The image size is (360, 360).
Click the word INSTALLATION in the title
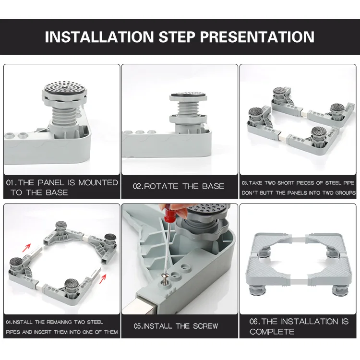pyautogui.click(x=99, y=37)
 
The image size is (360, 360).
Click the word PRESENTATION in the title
pyautogui.click(x=257, y=37)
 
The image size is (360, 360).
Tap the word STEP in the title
pyautogui.click(x=177, y=37)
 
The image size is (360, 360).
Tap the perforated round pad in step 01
pyautogui.click(x=66, y=87)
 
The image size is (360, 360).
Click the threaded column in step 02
pyautogui.click(x=188, y=108)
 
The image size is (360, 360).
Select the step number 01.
pyautogui.click(x=11, y=183)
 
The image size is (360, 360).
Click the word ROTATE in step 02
pyautogui.click(x=161, y=186)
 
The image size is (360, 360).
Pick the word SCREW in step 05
pyautogui.click(x=205, y=326)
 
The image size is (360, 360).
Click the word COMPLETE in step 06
pyautogui.click(x=272, y=332)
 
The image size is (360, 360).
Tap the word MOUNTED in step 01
pyautogui.click(x=98, y=183)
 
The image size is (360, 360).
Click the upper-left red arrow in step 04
pyautogui.click(x=26, y=247)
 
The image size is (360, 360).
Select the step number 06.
pyautogui.click(x=254, y=322)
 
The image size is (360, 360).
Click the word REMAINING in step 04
pyautogui.click(x=60, y=322)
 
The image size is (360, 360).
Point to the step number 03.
pyautogui.click(x=244, y=183)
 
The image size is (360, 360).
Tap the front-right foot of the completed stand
pyautogui.click(x=340, y=290)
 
